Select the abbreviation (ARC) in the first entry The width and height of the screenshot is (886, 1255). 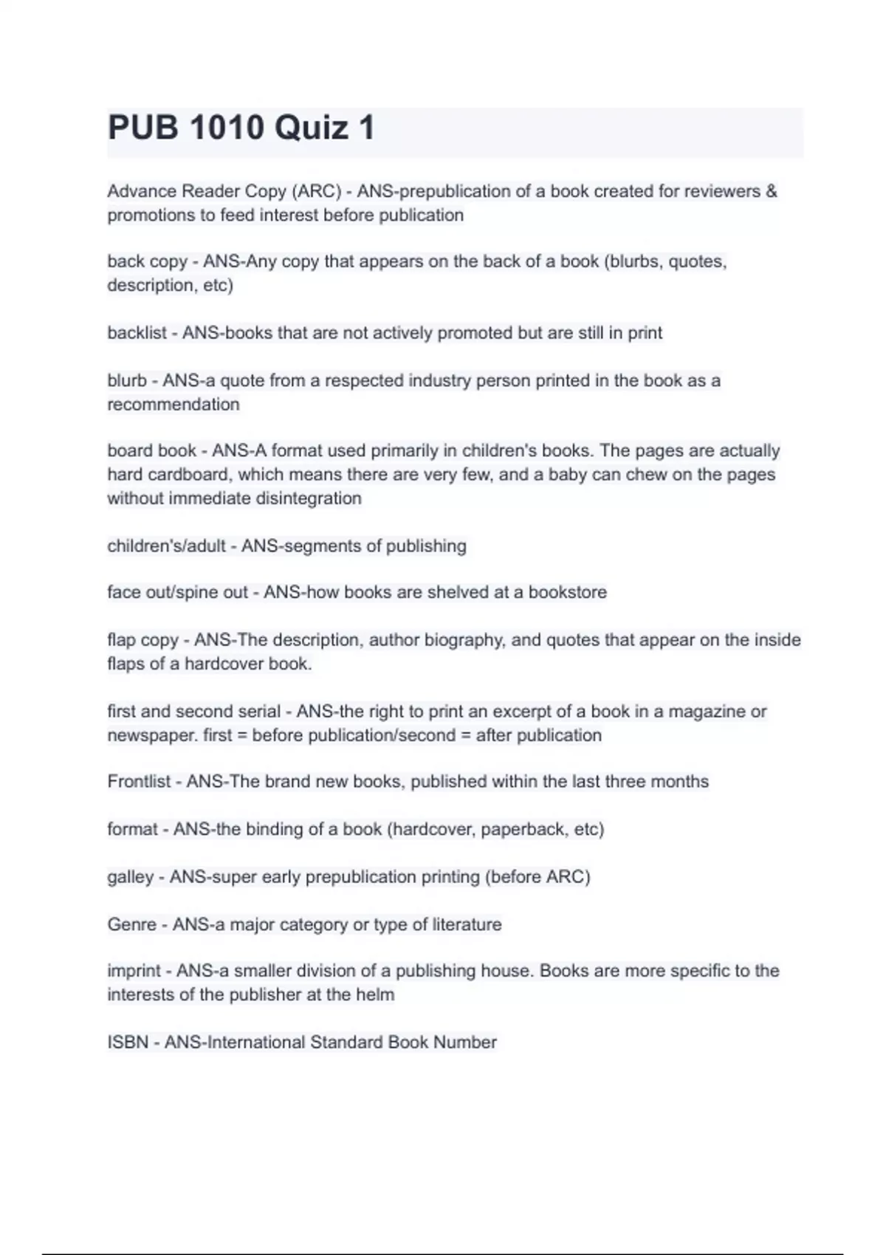point(317,191)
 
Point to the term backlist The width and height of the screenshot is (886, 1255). point(137,333)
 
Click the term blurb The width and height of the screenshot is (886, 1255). point(127,381)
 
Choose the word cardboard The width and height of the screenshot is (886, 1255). point(188,474)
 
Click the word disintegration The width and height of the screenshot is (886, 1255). point(298,498)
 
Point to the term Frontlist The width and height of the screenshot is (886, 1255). point(139,782)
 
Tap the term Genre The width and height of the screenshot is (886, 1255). point(131,925)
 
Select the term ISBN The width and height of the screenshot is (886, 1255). point(128,1042)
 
